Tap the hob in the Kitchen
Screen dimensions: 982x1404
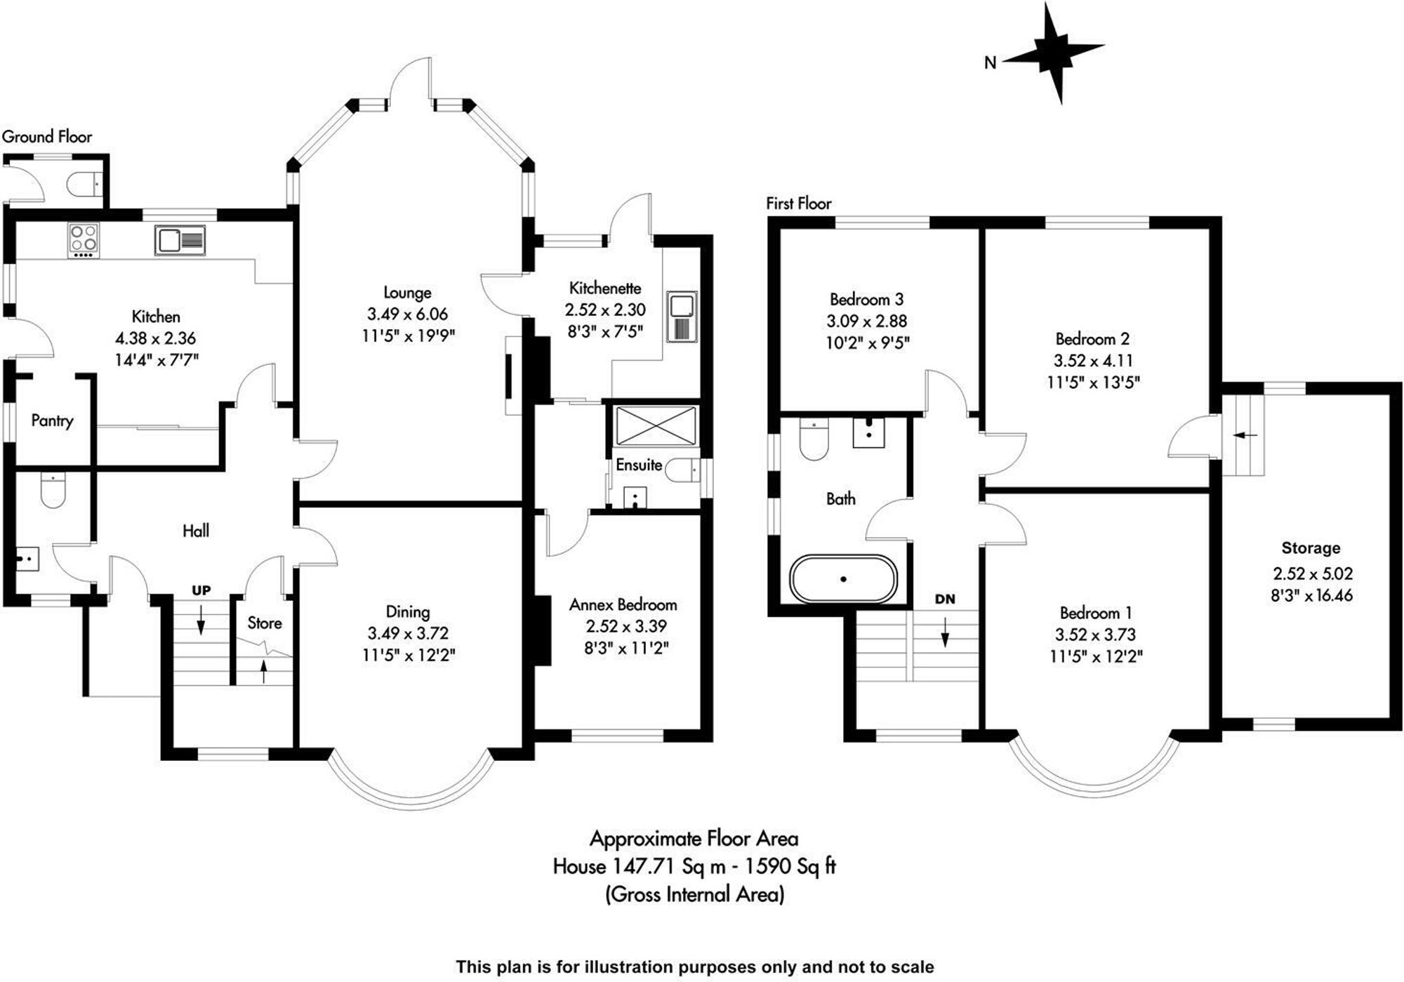(84, 239)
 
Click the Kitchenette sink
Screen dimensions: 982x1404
(682, 317)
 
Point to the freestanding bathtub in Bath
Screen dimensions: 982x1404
(843, 579)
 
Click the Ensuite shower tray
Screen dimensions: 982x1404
(656, 425)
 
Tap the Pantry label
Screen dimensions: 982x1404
(52, 420)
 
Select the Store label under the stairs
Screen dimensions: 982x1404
(265, 623)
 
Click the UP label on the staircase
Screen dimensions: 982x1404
(201, 590)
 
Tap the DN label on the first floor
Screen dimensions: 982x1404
(945, 599)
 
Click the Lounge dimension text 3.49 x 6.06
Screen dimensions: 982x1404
(407, 314)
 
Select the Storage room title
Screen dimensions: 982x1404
(1311, 548)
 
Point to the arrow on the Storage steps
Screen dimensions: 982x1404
(1245, 435)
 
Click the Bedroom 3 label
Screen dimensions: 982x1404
(866, 300)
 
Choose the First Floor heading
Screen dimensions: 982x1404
(798, 204)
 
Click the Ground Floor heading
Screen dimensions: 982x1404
(47, 137)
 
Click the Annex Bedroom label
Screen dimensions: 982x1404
(623, 604)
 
